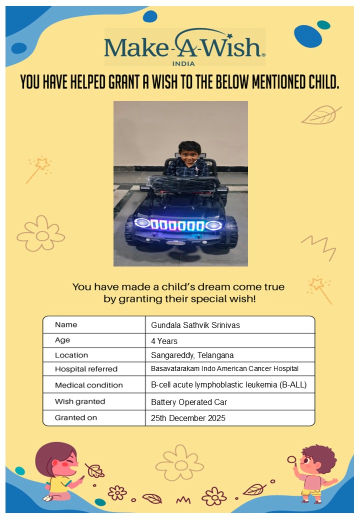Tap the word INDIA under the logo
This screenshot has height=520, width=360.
tap(183, 63)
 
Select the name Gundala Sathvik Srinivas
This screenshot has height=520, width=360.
tap(195, 325)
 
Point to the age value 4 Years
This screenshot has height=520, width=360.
tap(164, 341)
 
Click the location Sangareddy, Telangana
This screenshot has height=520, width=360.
tap(192, 355)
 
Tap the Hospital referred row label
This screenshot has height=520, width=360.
tap(86, 369)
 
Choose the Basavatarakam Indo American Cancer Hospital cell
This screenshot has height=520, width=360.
tap(224, 369)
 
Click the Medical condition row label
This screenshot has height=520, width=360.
tap(88, 385)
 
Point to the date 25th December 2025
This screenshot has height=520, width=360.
tap(188, 418)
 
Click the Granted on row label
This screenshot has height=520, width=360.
tap(76, 417)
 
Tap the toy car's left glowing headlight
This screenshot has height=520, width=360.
tap(142, 222)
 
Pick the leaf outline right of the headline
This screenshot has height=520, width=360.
tap(320, 115)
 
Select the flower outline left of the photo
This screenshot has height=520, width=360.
tap(41, 234)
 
